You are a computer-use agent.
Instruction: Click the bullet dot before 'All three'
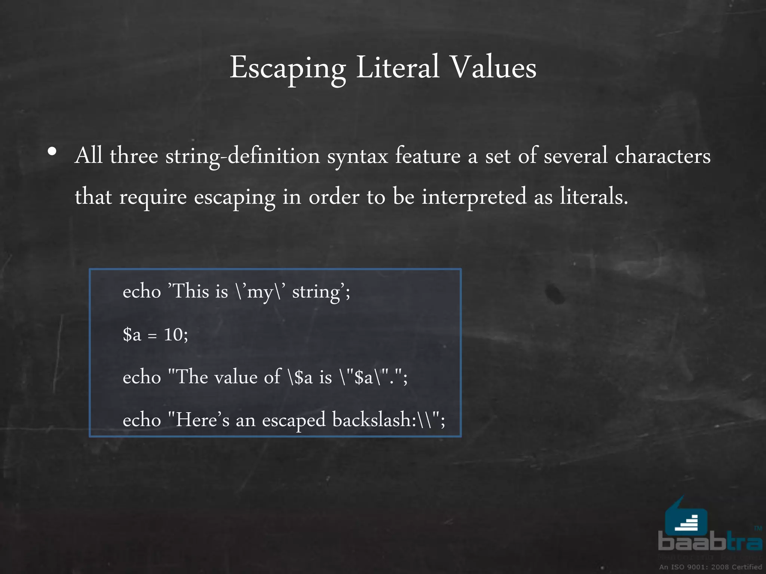pos(52,152)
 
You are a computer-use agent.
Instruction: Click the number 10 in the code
pos(173,334)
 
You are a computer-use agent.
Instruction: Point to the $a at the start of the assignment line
pos(132,334)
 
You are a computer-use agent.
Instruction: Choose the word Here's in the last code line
pos(202,419)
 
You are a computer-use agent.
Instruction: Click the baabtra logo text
pos(710,542)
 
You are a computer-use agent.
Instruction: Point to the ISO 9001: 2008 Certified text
pos(710,567)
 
